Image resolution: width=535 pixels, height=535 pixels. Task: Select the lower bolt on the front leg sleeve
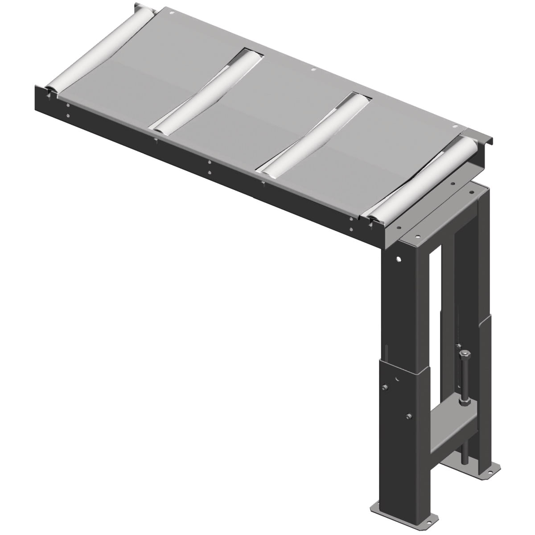coord(409,417)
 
